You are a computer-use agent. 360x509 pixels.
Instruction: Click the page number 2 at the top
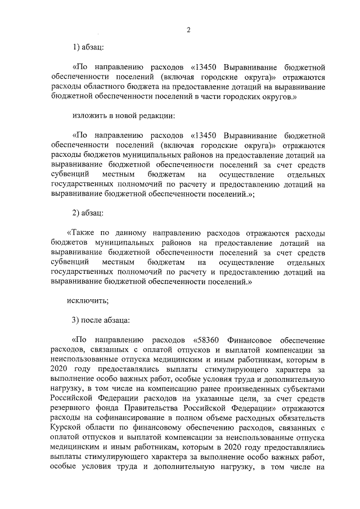click(189, 30)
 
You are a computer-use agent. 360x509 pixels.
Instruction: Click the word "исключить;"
click(88, 300)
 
